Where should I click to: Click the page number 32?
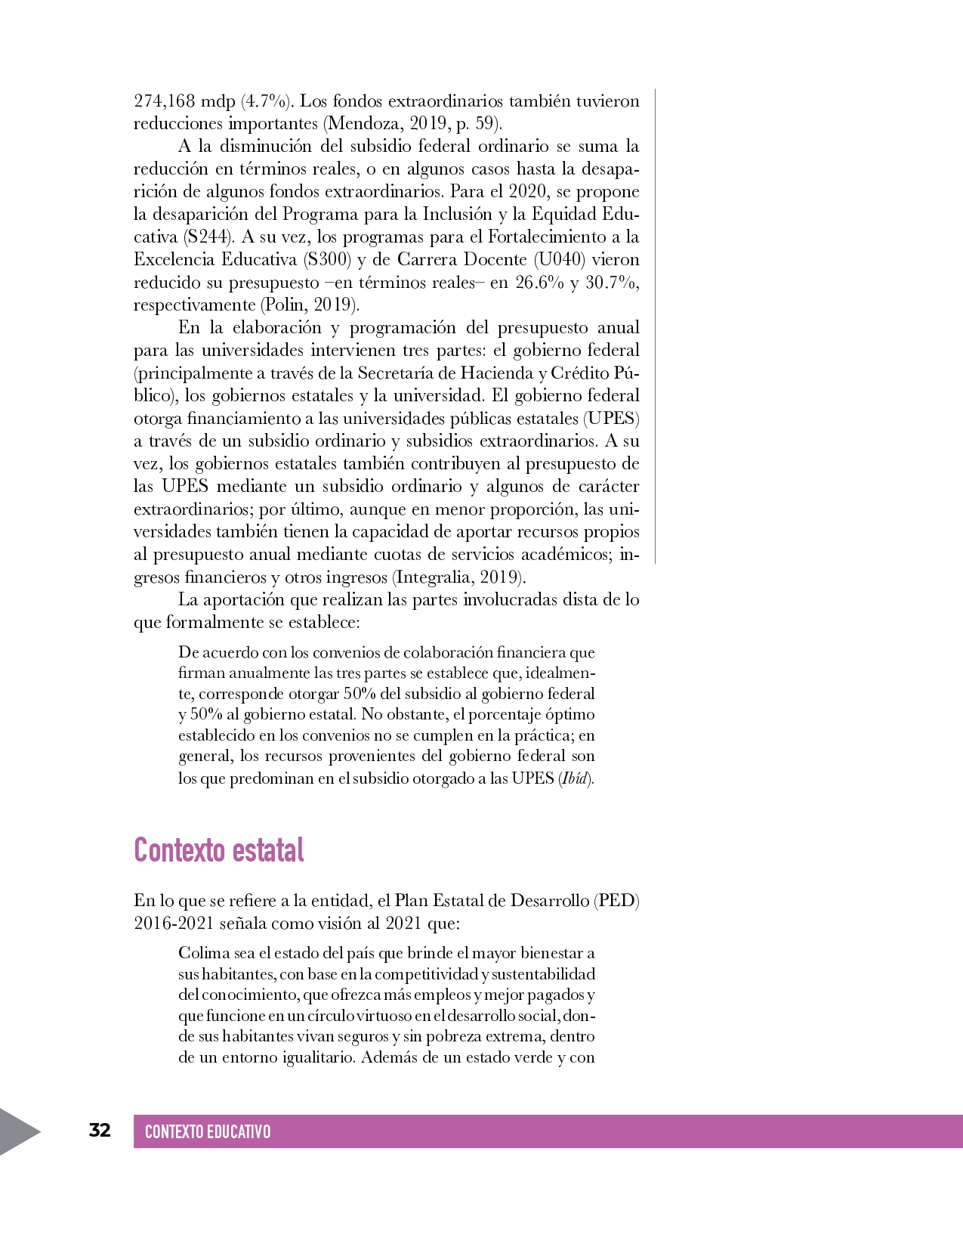tap(100, 1130)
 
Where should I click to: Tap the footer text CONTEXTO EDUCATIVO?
tap(207, 1131)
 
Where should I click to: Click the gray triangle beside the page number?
tap(18, 1131)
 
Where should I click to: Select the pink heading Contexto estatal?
tap(219, 850)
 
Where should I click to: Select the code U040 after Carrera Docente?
tap(559, 260)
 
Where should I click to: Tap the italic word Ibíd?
tap(575, 778)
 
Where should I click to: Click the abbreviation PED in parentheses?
tap(616, 901)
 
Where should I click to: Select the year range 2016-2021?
tap(174, 924)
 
